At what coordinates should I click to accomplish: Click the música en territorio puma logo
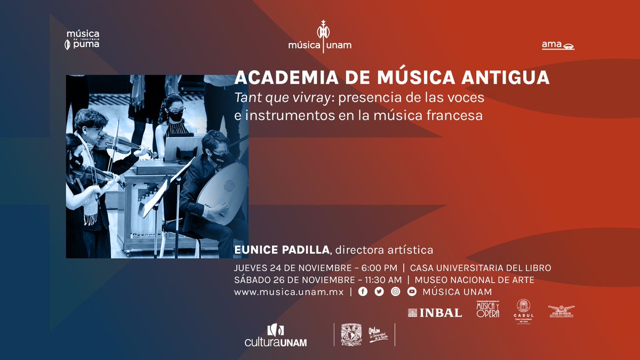82,39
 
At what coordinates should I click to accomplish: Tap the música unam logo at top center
320,37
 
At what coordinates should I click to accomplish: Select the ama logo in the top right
558,45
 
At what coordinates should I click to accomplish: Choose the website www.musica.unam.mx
289,292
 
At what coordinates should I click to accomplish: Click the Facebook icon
363,292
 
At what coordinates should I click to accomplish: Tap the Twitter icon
379,292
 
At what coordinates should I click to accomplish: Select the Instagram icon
395,292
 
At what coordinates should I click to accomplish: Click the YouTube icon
411,292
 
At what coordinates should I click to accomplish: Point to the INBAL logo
435,313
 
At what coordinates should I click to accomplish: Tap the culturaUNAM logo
275,335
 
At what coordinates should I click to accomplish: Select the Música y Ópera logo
487,309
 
